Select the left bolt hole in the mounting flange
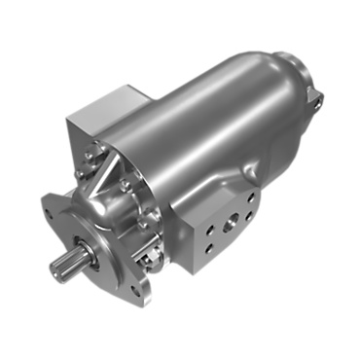point(52,206)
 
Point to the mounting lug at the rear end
point(313,93)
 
